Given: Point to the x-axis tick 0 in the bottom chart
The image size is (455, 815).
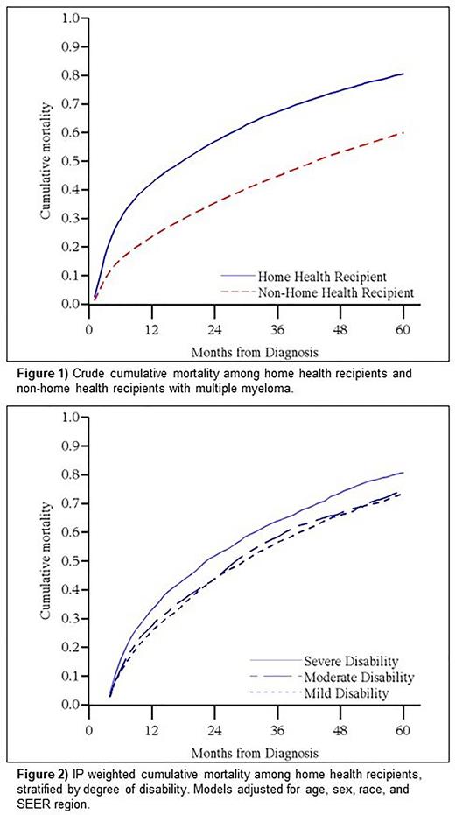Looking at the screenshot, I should [89, 727].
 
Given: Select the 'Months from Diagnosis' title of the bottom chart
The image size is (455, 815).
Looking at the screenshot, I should [246, 752].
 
